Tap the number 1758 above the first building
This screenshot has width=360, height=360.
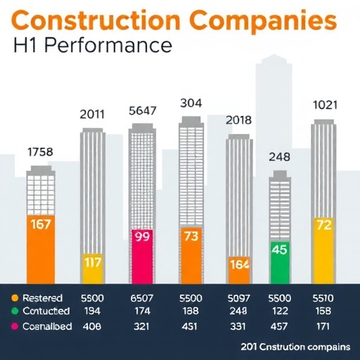tap(41, 151)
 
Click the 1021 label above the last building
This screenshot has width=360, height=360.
tap(325, 105)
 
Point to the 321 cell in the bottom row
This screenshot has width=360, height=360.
tap(143, 326)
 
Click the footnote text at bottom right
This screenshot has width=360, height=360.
tap(295, 347)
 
